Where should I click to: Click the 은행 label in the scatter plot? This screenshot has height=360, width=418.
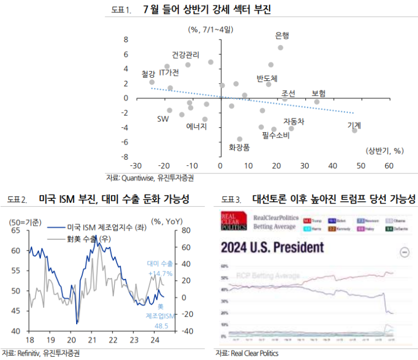[282, 36]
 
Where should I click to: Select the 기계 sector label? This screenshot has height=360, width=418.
[354, 126]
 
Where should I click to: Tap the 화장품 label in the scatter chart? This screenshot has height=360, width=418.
[239, 147]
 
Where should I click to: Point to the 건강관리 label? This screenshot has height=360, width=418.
[185, 55]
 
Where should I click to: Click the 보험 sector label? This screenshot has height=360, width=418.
[318, 94]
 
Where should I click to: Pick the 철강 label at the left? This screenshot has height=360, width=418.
[148, 74]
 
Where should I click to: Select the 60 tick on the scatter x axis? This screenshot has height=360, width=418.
[389, 166]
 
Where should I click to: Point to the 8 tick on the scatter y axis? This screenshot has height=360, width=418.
[126, 40]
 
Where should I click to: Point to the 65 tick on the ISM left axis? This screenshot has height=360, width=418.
[16, 231]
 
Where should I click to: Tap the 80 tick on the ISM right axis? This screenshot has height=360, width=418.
[185, 231]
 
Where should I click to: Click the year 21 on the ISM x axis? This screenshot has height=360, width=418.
[92, 339]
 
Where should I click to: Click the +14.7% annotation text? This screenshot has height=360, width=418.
[159, 274]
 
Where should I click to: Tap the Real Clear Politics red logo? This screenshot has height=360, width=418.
[232, 222]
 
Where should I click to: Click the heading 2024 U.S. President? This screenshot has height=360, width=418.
[272, 249]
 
